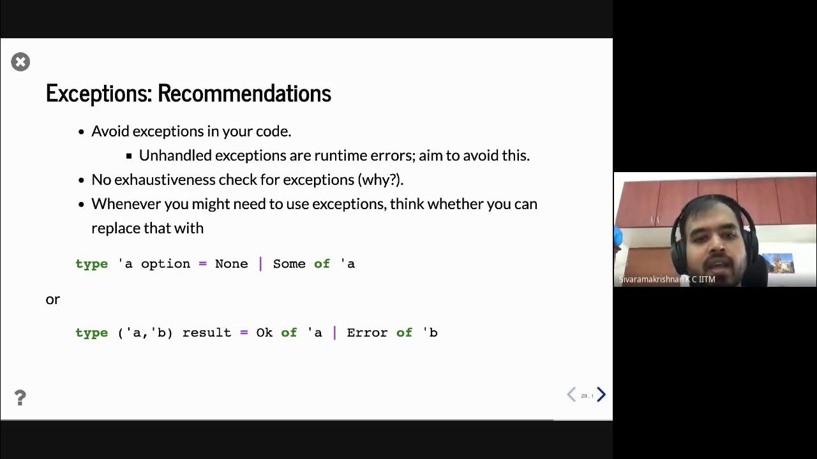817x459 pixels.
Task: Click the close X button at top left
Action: click(x=20, y=62)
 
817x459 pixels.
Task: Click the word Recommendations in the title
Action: click(x=244, y=93)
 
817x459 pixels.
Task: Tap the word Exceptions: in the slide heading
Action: click(x=99, y=93)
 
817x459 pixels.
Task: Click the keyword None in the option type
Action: click(x=231, y=264)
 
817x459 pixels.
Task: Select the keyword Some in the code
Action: click(x=289, y=264)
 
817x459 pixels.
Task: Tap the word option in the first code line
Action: click(x=165, y=264)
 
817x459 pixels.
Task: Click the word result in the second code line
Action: click(x=207, y=333)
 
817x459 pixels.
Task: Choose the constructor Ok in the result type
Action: click(x=264, y=333)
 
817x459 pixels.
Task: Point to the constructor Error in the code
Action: click(x=367, y=333)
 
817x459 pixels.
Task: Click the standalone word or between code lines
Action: click(x=52, y=299)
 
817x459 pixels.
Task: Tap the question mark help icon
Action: click(x=20, y=398)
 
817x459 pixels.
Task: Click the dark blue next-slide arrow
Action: click(x=601, y=395)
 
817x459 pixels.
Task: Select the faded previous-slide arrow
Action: click(x=571, y=395)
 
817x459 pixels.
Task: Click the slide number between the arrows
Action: click(x=587, y=396)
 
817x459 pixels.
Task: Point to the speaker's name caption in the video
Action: click(x=666, y=279)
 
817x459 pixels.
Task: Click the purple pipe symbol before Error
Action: click(x=334, y=333)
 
